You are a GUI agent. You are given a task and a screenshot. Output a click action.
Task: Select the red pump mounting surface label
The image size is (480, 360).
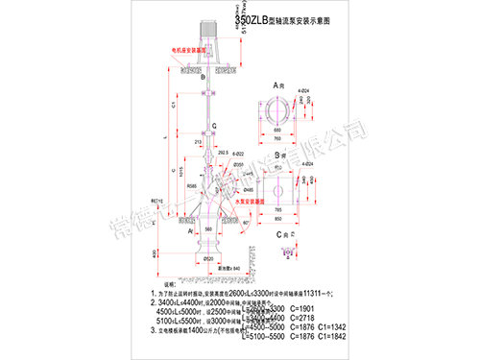click(x=252, y=204)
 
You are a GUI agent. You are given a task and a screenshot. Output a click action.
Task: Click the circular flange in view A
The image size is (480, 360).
click(x=285, y=112)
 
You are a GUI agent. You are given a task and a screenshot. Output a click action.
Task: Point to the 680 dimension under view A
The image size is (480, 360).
click(x=285, y=128)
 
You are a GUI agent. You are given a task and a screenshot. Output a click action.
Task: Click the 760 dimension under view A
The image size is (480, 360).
click(x=285, y=136)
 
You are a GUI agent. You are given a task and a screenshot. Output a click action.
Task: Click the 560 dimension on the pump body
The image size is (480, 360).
click(x=208, y=231)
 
